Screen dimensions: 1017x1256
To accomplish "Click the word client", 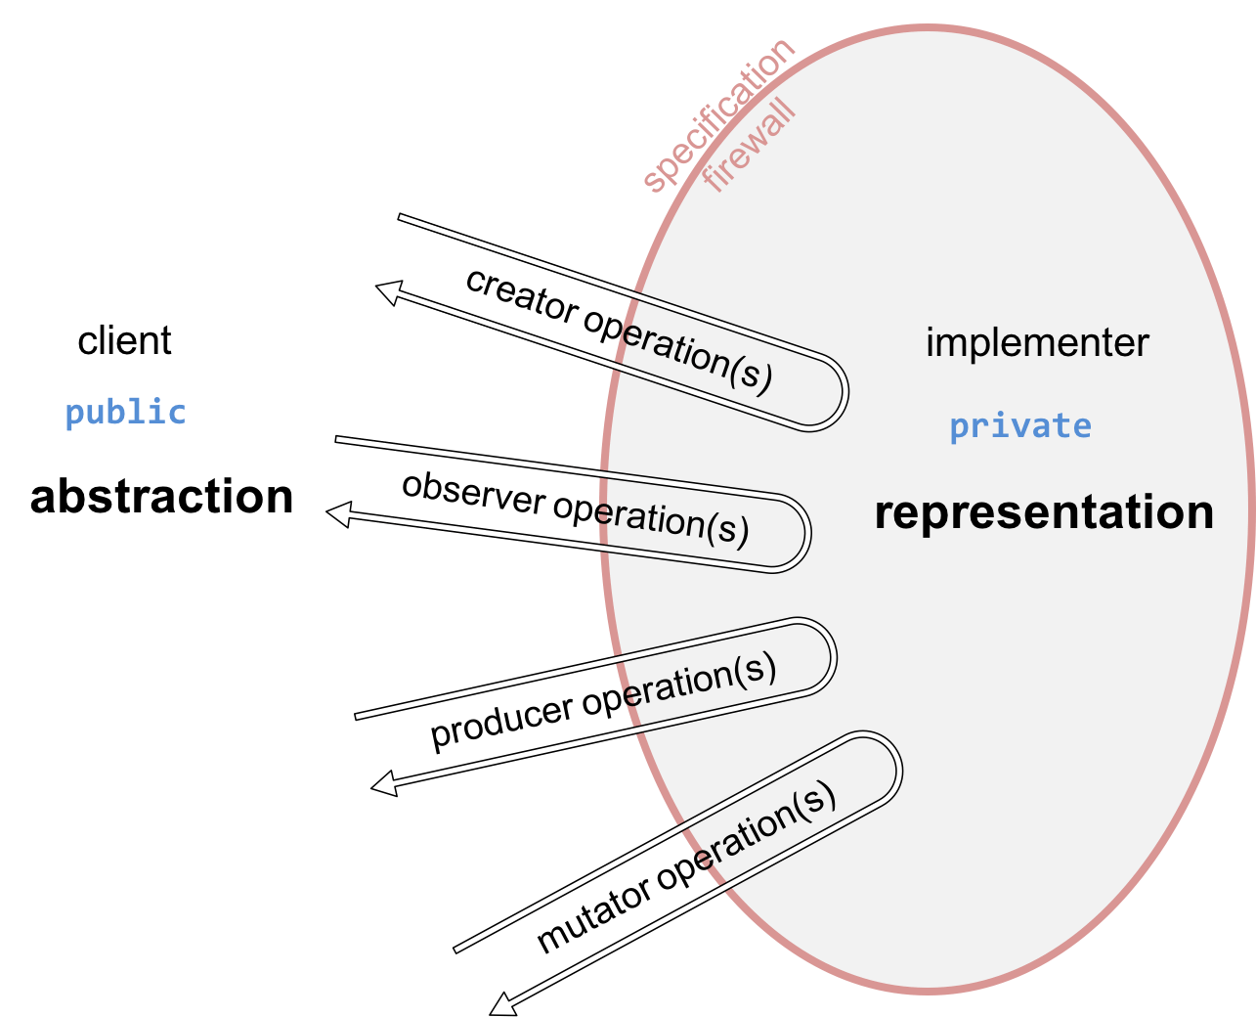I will (124, 341).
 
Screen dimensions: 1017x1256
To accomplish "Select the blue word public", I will (125, 413).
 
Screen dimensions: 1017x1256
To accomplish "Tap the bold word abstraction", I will (162, 497).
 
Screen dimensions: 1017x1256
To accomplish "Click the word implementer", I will (1037, 343).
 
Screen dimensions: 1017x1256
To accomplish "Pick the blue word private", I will (1020, 426).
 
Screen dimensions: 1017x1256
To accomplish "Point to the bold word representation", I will (1044, 512).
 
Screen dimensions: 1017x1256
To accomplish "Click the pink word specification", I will (718, 113).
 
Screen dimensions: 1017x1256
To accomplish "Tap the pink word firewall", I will (750, 148).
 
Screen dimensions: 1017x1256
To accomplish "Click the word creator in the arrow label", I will (521, 296).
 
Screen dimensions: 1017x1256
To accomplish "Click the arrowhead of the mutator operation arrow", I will (502, 1004).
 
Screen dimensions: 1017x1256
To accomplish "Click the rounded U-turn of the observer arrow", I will (801, 534).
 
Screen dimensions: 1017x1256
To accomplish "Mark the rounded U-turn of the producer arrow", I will (827, 655).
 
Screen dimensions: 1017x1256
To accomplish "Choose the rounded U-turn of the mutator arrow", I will (891, 768).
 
